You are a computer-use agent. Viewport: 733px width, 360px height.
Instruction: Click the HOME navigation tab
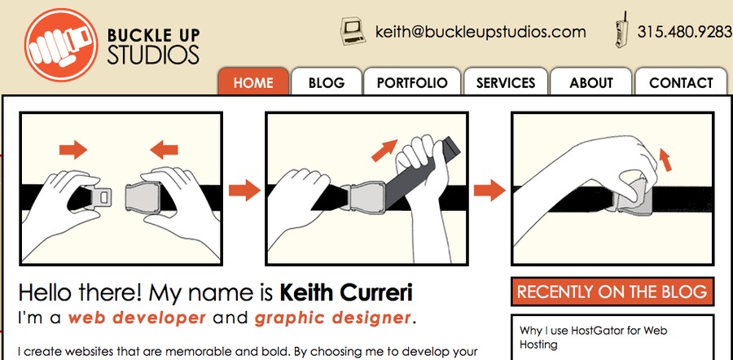pos(252,82)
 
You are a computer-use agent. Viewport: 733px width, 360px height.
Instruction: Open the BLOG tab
pos(327,82)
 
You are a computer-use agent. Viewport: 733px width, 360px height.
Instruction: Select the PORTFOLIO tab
pos(412,82)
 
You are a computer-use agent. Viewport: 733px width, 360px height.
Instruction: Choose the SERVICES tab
pos(506,82)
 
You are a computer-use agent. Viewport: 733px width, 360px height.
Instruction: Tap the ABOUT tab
pos(591,82)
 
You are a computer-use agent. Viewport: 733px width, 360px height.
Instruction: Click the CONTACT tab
pos(681,82)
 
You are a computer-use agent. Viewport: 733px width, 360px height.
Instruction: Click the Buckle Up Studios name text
pos(153,46)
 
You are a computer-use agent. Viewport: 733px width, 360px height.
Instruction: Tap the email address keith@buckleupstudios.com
pos(481,32)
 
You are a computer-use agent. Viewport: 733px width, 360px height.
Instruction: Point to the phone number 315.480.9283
pos(684,32)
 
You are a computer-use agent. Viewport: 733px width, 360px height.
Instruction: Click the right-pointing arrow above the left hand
pos(73,149)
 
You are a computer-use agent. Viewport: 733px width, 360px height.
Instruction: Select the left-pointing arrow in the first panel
pos(164,149)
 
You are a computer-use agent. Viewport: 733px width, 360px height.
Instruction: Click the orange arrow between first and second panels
pos(244,191)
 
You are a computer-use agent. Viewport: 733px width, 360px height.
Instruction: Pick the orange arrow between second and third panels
pos(489,191)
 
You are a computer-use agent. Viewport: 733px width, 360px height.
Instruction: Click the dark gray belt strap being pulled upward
pos(424,175)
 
